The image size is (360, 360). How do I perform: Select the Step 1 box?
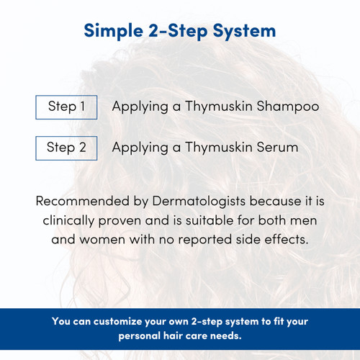pyautogui.click(x=66, y=107)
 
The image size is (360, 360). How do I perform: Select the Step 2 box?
pyautogui.click(x=66, y=148)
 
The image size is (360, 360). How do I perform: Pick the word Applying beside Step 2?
pyautogui.click(x=138, y=148)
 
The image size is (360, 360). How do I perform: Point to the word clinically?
pyautogui.click(x=77, y=220)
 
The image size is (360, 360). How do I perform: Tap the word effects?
pyautogui.click(x=288, y=239)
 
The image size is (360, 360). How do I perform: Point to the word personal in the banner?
pyautogui.click(x=137, y=336)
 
